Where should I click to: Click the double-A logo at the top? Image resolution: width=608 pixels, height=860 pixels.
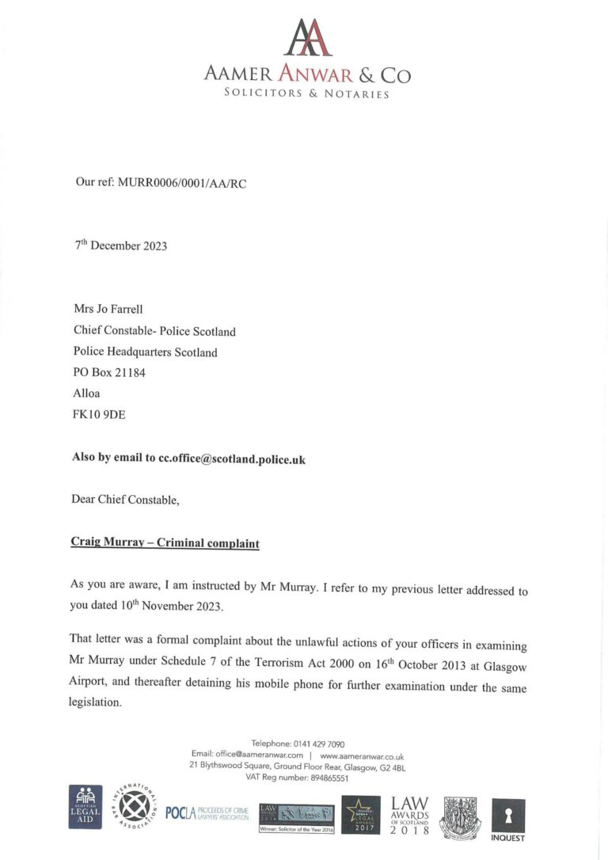pos(307,38)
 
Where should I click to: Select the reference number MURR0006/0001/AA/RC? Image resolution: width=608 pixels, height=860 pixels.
pos(187,182)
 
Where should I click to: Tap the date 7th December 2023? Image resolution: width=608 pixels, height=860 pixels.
pos(121,245)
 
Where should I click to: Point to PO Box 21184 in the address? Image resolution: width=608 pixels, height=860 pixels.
pos(109,372)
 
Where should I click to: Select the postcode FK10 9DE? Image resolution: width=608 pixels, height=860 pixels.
pos(99,413)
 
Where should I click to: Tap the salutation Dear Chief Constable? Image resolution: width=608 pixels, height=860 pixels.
pos(125,500)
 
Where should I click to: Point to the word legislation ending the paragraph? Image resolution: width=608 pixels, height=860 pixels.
pos(97,703)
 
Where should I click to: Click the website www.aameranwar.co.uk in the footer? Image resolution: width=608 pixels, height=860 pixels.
pos(362,755)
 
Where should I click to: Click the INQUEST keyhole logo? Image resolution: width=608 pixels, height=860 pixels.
pos(507,819)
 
